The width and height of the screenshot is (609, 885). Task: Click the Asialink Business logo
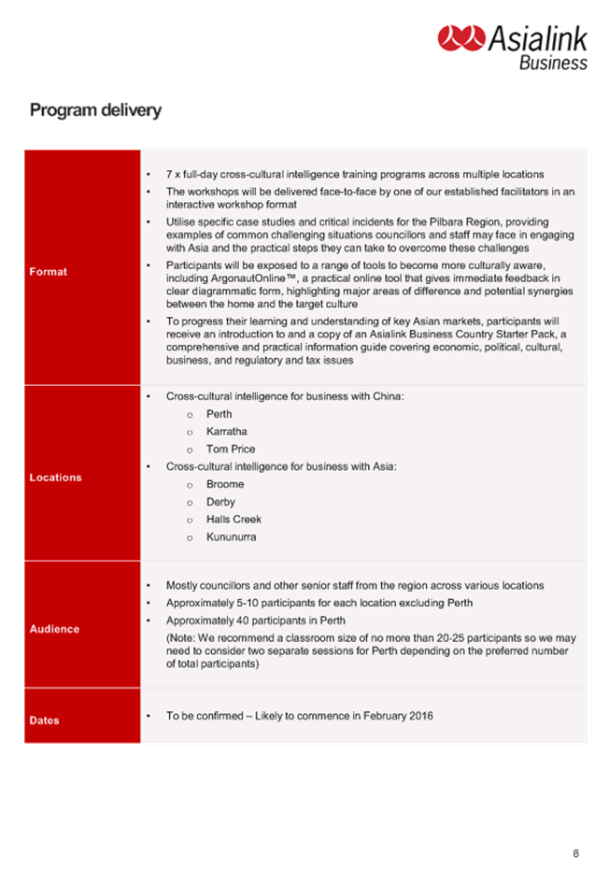coord(512,47)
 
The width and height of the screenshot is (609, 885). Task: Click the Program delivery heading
coord(95,110)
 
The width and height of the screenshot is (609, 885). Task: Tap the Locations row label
coord(55,478)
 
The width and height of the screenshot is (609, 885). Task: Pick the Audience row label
coord(54,629)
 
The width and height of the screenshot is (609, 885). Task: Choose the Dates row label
coord(44,721)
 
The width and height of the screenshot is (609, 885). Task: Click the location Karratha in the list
coord(227,432)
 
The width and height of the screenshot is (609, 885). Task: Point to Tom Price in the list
coord(231,450)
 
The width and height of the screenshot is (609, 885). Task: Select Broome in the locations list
coord(225,484)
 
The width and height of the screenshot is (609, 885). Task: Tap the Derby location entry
coord(220,502)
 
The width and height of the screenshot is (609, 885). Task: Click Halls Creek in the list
coord(234,520)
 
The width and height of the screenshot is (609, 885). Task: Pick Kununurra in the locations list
coord(231,537)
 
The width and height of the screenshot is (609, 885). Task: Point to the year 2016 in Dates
coord(420,716)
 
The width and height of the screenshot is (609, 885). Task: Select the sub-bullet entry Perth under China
coord(220,414)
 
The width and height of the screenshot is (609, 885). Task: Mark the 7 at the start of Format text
coord(169,175)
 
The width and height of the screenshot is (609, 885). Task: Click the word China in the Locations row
coord(387,396)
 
